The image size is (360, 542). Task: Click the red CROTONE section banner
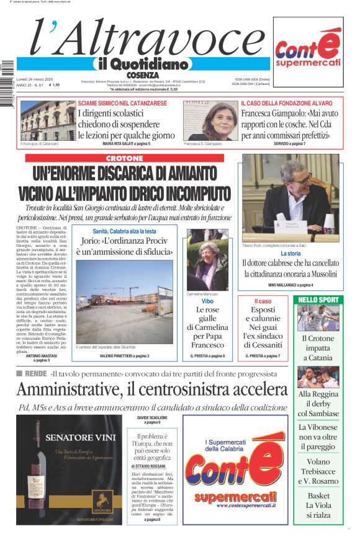(x=124, y=158)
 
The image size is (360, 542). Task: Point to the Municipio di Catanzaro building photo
(x=47, y=120)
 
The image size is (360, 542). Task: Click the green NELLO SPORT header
(x=318, y=300)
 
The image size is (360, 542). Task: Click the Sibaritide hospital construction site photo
(x=115, y=301)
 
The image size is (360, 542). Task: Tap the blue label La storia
(x=290, y=254)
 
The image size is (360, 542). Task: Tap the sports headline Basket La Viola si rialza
(x=318, y=505)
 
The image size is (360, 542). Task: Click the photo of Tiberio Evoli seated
(x=290, y=198)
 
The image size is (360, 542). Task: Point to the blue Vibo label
(x=207, y=300)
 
